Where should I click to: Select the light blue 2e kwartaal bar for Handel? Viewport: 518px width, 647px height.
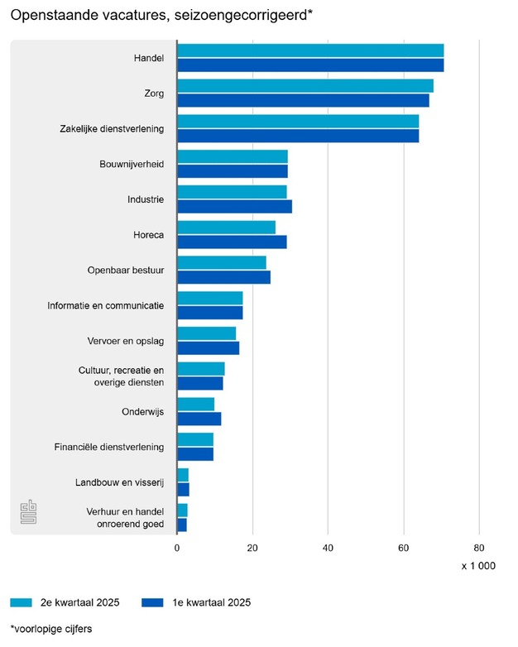pos(310,50)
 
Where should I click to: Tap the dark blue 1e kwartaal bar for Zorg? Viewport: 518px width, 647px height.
pos(303,101)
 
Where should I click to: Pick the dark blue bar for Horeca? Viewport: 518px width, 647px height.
pos(232,242)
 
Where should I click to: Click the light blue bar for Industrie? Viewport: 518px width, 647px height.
pos(232,192)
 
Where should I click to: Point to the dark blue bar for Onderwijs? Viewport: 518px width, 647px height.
pos(199,419)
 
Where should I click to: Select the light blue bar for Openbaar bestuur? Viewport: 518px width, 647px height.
pos(222,262)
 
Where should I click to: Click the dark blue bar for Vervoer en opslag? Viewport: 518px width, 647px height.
pos(208,348)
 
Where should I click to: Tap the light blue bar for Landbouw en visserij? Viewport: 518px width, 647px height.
pos(183,475)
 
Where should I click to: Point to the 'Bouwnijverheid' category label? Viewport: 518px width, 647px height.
pos(132,164)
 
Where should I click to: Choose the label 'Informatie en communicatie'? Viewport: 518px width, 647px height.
pos(105,305)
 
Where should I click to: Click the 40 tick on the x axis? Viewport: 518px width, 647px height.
pos(329,548)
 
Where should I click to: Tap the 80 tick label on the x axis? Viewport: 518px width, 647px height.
pos(479,548)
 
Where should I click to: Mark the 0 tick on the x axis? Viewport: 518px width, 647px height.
pos(177,548)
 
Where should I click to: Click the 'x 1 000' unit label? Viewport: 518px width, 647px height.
pos(477,566)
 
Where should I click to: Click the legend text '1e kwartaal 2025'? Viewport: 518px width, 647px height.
pos(206,602)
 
